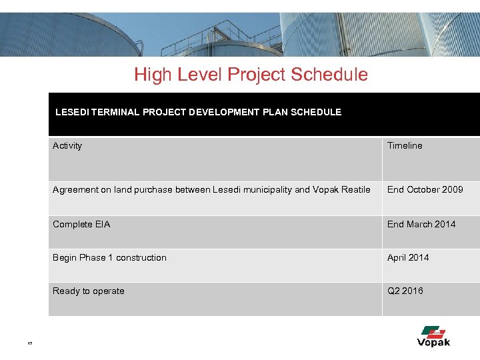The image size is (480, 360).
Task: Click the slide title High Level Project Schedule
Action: pos(251,75)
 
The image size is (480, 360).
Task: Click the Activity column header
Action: pos(67,145)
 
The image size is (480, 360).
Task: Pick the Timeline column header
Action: pos(405,145)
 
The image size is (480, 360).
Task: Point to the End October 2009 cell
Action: pos(425,190)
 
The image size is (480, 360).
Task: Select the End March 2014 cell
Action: pos(421,224)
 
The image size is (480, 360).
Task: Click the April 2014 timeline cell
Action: pos(408,257)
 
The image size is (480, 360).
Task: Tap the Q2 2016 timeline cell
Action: pos(405,291)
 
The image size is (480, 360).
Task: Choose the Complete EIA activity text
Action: pos(81,224)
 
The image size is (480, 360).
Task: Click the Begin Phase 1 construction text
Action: pos(109,257)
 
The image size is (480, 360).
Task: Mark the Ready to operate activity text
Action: pos(89,291)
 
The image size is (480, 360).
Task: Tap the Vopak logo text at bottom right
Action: pos(433,343)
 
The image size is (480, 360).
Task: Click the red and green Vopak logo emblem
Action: pos(434,331)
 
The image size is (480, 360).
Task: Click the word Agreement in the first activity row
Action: pos(75,190)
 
